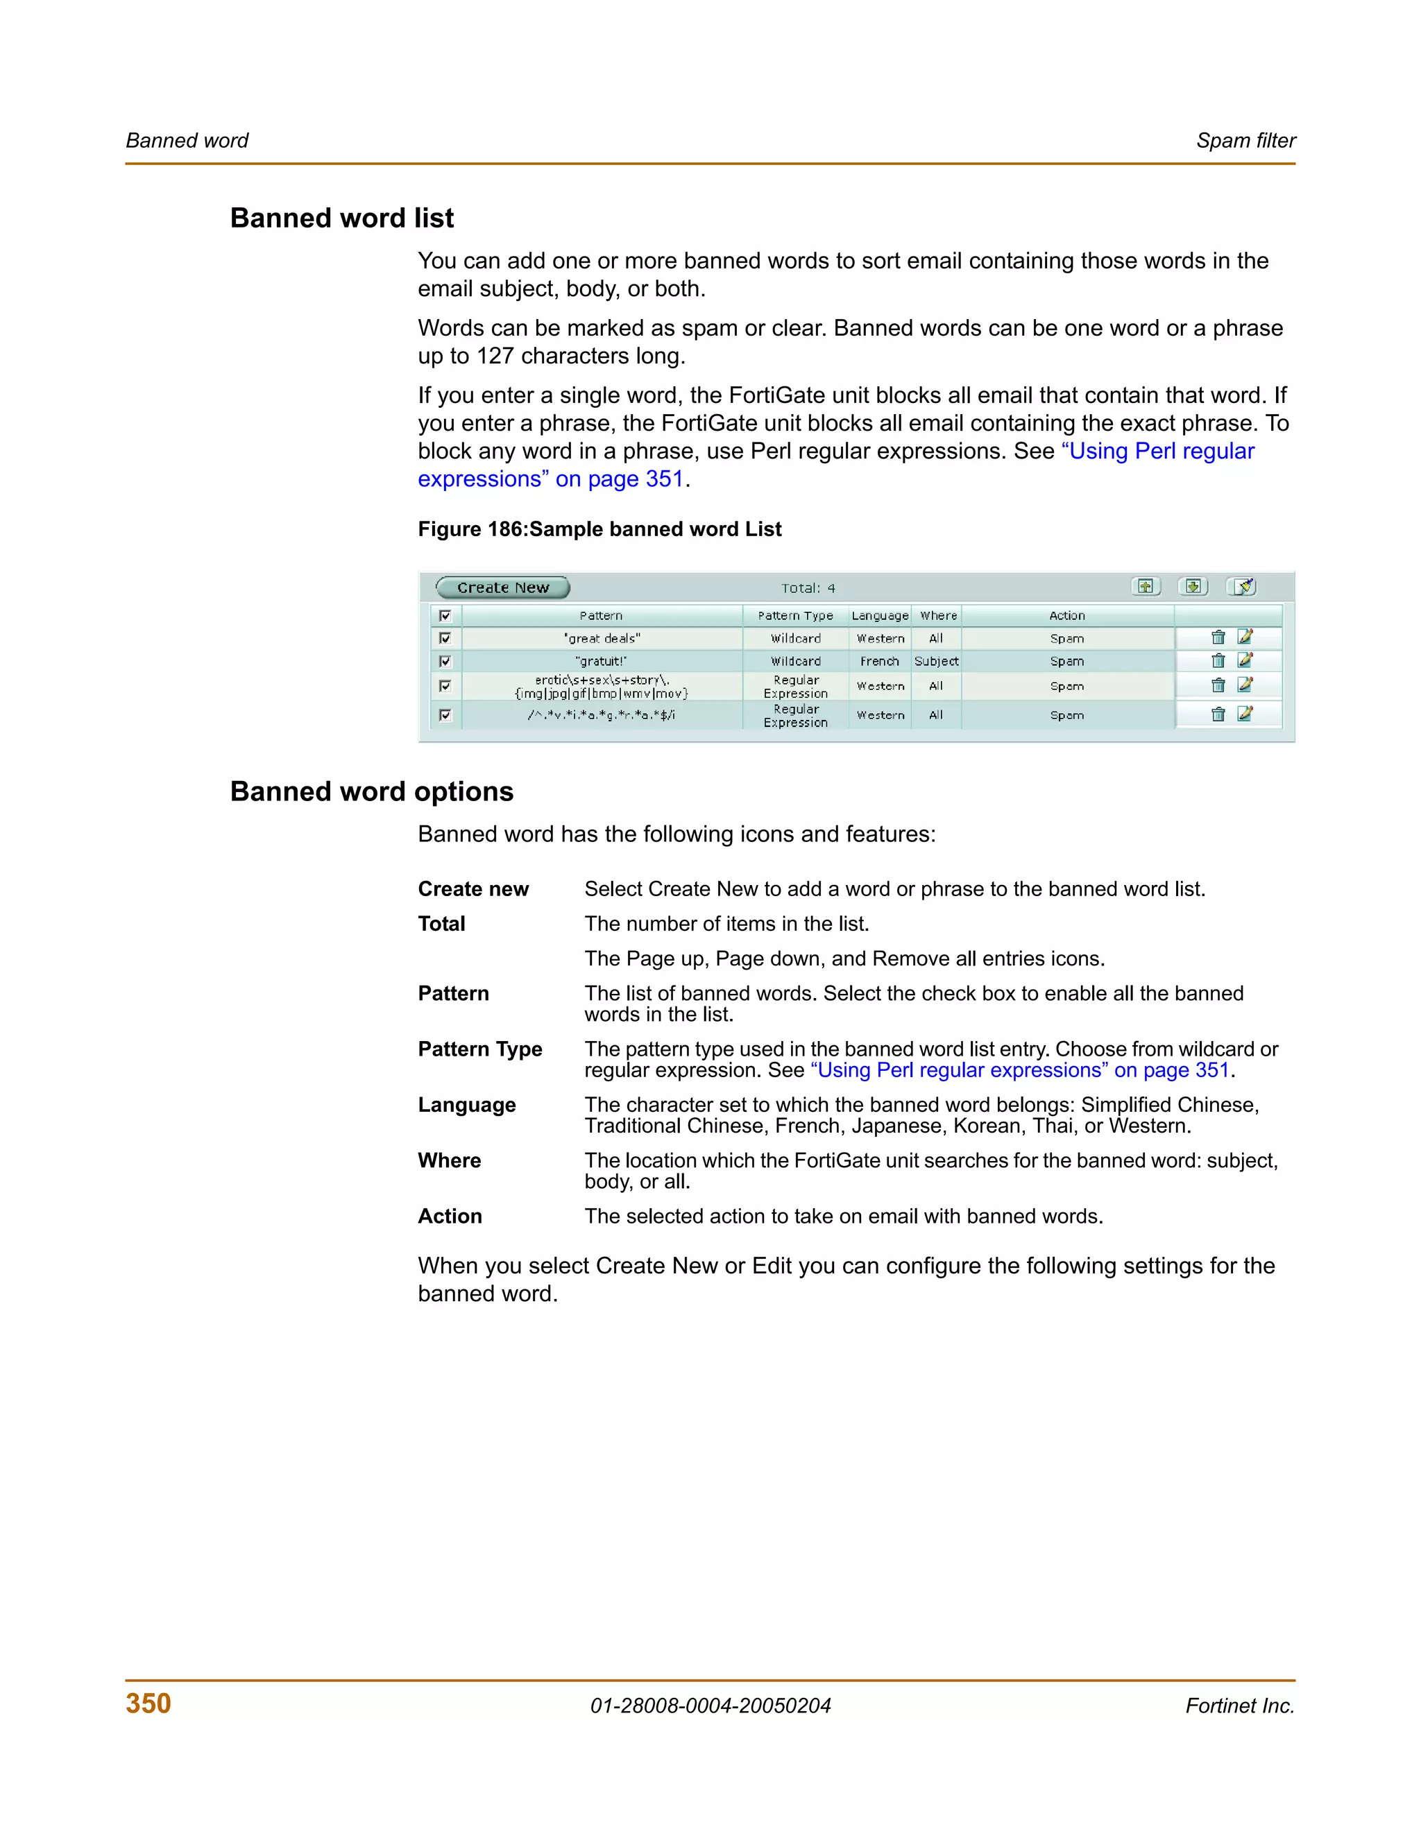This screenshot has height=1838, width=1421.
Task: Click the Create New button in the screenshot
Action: point(502,587)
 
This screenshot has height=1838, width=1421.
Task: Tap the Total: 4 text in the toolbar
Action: point(808,588)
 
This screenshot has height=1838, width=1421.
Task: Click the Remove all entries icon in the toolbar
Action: point(1242,587)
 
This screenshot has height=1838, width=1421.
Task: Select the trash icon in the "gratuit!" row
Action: point(1217,660)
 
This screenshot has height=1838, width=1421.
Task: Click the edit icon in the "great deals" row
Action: point(1245,637)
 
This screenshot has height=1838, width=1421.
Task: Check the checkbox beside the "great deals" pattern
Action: point(445,638)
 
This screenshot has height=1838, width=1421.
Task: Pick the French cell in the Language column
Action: point(879,662)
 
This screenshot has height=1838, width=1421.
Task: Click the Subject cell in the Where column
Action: point(936,662)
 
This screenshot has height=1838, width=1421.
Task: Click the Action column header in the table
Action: point(1066,615)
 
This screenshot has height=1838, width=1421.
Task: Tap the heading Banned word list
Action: point(342,218)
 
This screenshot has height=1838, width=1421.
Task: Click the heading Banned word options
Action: point(371,791)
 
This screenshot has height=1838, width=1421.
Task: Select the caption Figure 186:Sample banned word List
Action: point(599,529)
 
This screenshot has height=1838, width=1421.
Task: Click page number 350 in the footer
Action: point(148,1703)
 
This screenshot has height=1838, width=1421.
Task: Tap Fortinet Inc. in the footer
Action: point(1239,1706)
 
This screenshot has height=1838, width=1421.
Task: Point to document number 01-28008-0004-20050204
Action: point(710,1706)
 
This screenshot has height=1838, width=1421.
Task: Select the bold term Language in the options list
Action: point(466,1105)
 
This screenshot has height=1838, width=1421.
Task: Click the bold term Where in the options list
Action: point(449,1160)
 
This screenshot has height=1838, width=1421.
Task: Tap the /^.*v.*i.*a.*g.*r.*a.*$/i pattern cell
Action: point(601,715)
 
